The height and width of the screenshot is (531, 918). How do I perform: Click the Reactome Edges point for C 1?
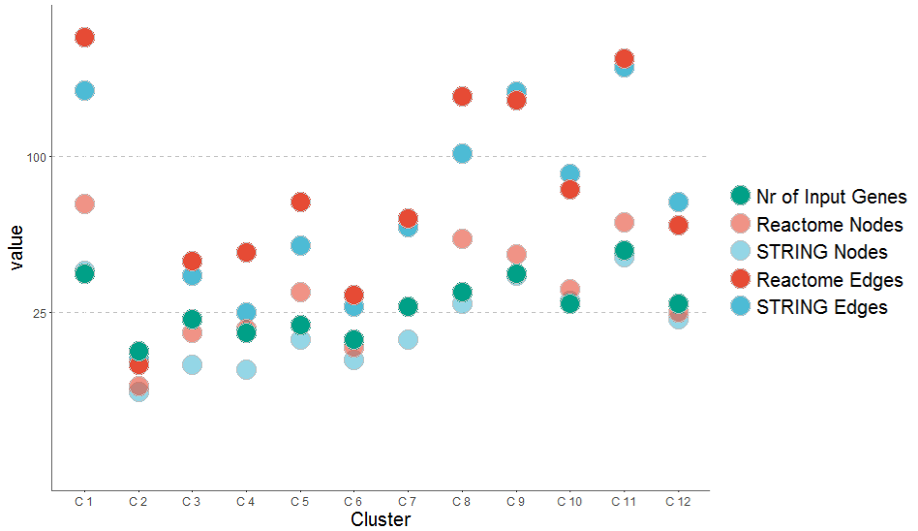click(84, 37)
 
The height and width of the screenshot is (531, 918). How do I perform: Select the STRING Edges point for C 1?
click(84, 90)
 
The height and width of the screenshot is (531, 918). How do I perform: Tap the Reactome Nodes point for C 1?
click(84, 203)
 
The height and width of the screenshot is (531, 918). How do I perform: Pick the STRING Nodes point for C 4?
click(246, 369)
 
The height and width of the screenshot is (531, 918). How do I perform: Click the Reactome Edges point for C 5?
click(300, 202)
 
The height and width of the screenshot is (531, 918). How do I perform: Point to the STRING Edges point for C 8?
click(462, 153)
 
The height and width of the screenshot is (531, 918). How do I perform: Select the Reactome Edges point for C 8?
click(462, 96)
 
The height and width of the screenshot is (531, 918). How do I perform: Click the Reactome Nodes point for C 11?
click(624, 223)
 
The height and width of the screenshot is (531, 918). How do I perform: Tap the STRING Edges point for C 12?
click(678, 202)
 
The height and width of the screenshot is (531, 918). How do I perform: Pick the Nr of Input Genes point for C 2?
click(138, 351)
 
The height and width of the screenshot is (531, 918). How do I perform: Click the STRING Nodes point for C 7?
click(408, 339)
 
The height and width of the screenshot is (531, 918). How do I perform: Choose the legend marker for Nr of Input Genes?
click(741, 196)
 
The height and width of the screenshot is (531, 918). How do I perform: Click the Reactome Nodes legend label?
click(830, 225)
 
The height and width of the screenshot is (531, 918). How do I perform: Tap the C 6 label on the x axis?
click(353, 501)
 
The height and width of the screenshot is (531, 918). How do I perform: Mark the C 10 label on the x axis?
click(569, 501)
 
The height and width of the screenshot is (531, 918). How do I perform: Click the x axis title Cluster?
click(380, 520)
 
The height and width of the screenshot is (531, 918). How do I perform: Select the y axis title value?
click(16, 246)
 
